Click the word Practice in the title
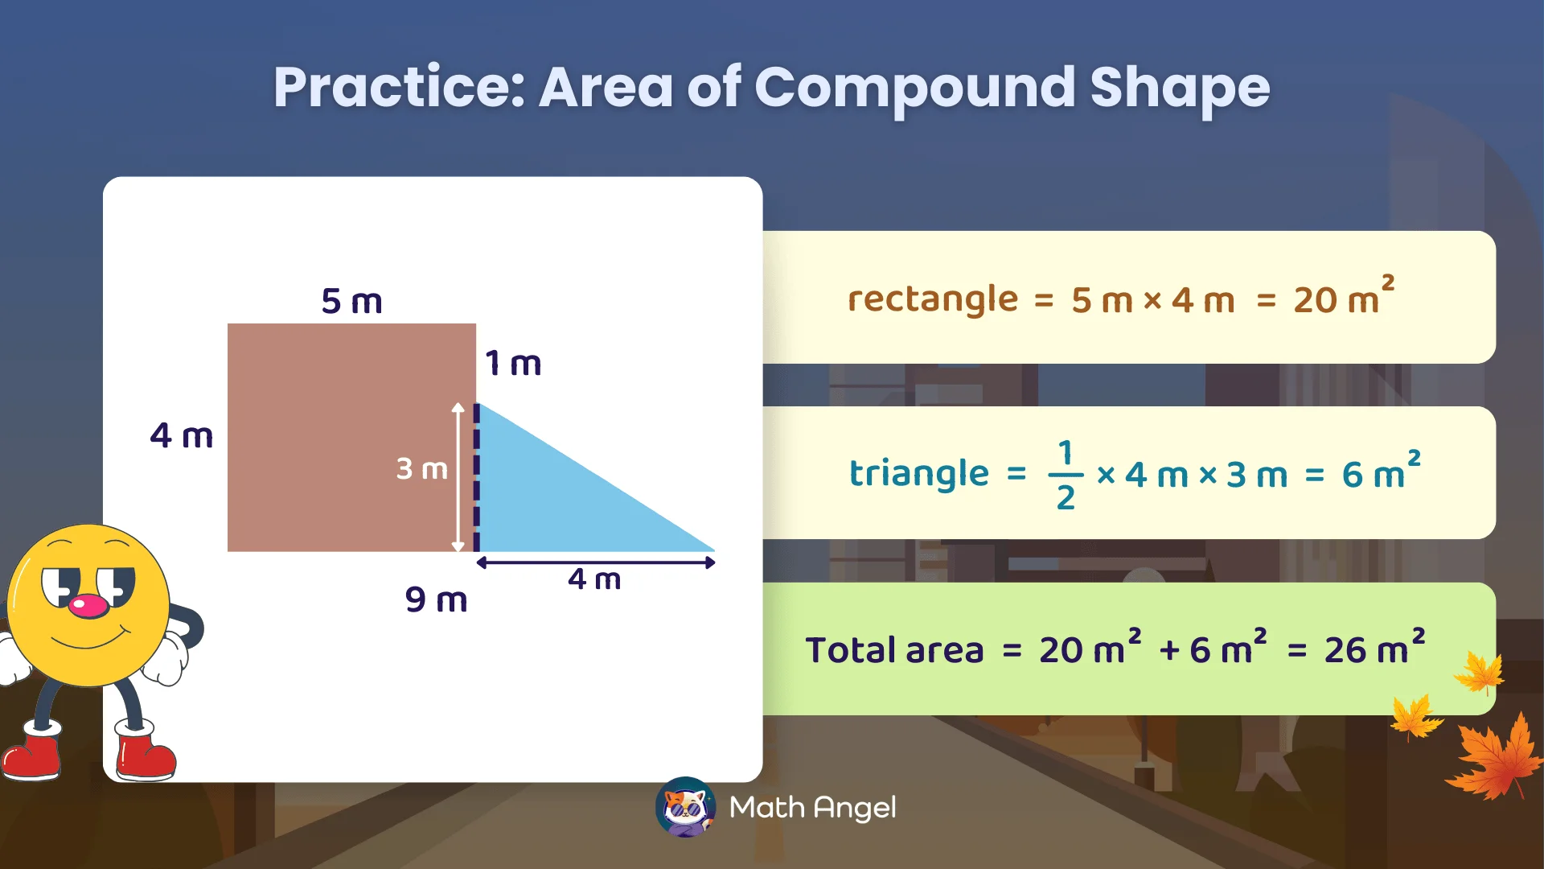tap(399, 88)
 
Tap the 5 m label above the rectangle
tap(351, 302)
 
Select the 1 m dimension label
tap(513, 364)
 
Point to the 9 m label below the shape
tap(436, 599)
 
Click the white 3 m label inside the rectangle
tap(421, 468)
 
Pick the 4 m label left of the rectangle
tap(182, 436)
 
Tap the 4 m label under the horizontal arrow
tap(594, 579)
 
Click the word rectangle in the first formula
tap(933, 299)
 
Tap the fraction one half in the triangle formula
tap(1066, 475)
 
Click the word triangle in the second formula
tap(918, 473)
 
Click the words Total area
tap(894, 650)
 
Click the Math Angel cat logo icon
tap(685, 807)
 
